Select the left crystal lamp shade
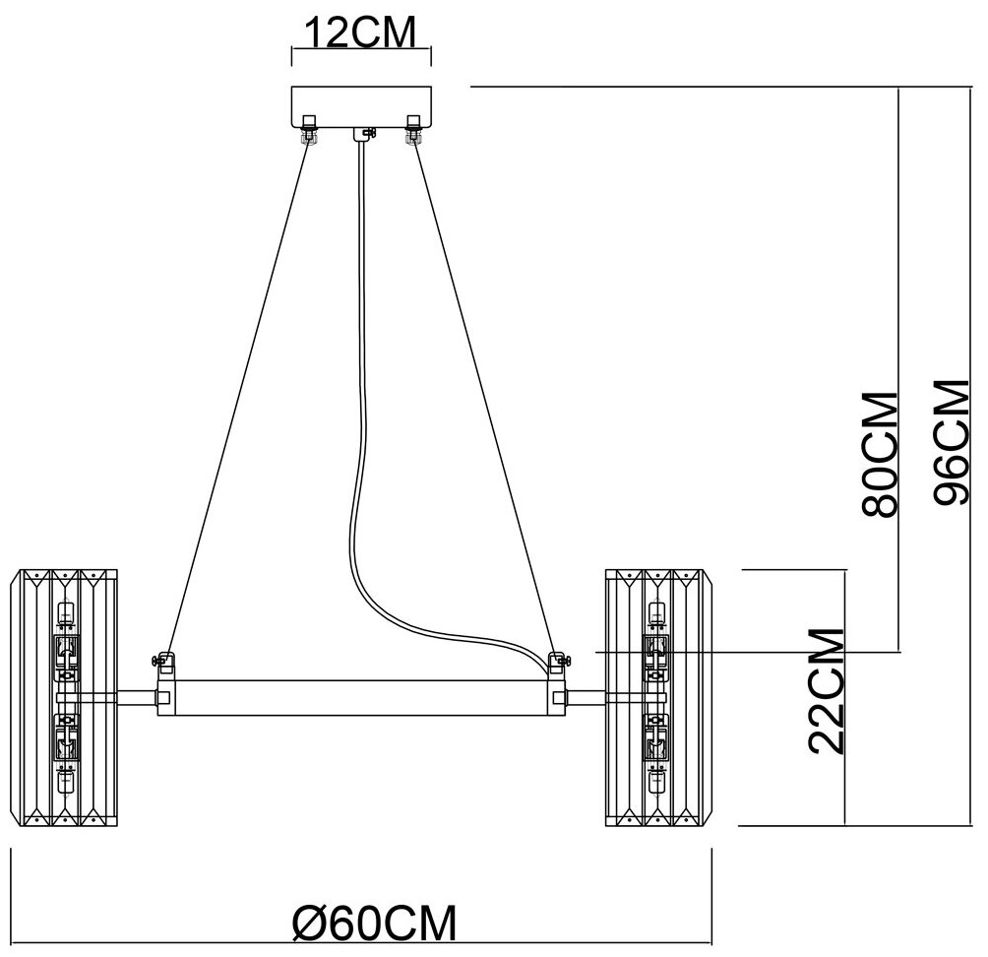(65, 695)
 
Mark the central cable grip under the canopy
(367, 132)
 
